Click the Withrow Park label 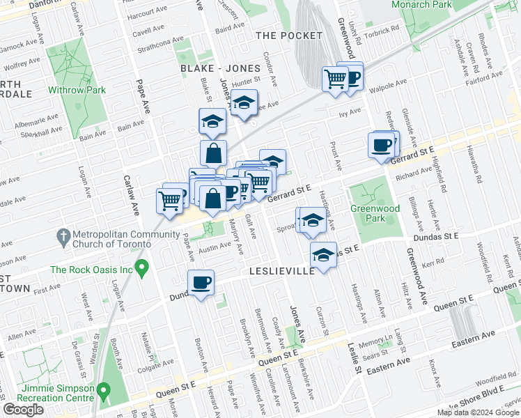pos(77,90)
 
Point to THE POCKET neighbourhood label pos(289,36)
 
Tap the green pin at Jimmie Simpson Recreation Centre pos(104,389)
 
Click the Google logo pos(24,410)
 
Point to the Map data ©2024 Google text pos(478,412)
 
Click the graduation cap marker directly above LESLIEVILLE pos(322,255)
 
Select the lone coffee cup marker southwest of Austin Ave pos(201,282)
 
